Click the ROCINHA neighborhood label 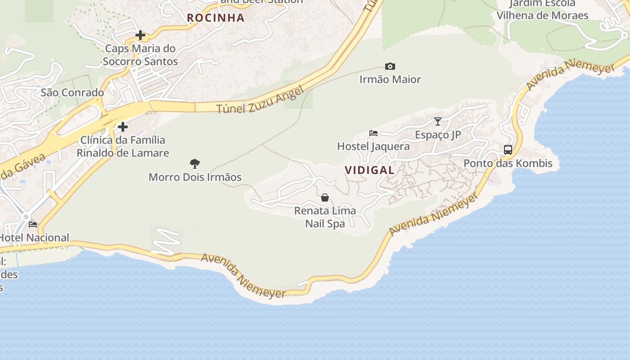coord(216,18)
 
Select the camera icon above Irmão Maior coord(390,67)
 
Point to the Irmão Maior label coord(390,80)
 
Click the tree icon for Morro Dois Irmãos coord(195,164)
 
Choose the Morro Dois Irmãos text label coord(195,177)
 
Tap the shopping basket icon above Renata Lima coord(325,198)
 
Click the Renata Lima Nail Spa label coord(325,217)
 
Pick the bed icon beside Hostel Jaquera coord(373,133)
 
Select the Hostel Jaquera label coord(373,147)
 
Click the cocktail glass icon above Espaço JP coord(438,121)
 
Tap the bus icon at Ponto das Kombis coord(508,150)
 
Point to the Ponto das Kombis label coord(508,163)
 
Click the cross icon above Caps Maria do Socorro coord(140,35)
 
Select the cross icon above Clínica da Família coord(123,127)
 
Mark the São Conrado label coord(72,93)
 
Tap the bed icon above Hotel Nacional coord(33,225)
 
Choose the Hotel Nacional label coord(34,238)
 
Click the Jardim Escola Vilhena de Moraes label coord(542,9)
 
